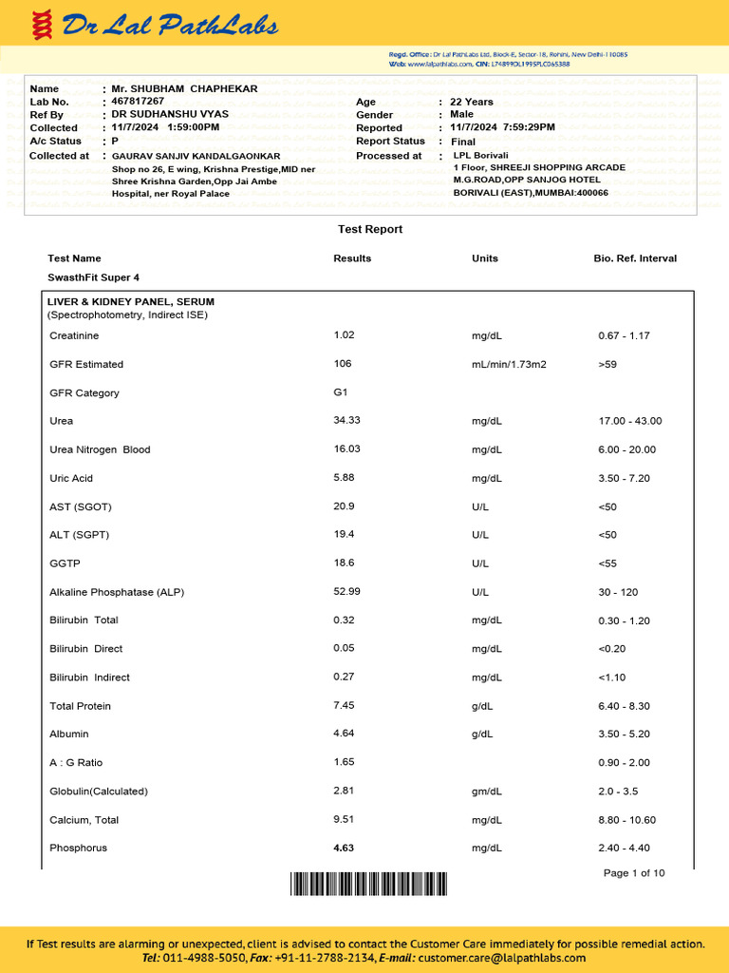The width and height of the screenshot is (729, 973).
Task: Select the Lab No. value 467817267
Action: click(138, 101)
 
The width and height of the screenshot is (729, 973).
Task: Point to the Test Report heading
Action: click(370, 229)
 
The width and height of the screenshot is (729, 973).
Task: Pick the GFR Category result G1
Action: click(341, 391)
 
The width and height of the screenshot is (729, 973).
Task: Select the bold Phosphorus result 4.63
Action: click(344, 848)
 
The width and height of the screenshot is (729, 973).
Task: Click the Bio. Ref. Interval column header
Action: click(635, 258)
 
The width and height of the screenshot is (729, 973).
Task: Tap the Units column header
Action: click(484, 258)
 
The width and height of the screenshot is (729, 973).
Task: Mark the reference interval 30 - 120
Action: click(618, 592)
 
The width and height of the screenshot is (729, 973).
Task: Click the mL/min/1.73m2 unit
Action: click(509, 364)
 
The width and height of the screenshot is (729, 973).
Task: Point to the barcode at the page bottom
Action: click(367, 885)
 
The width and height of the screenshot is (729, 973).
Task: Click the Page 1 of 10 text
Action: click(634, 872)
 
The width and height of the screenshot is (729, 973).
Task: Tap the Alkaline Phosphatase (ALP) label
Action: click(117, 592)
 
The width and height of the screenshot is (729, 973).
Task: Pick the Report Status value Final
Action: click(463, 142)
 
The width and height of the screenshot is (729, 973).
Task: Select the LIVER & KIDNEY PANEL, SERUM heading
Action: click(131, 301)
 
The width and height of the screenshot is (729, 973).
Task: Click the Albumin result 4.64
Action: click(344, 734)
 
